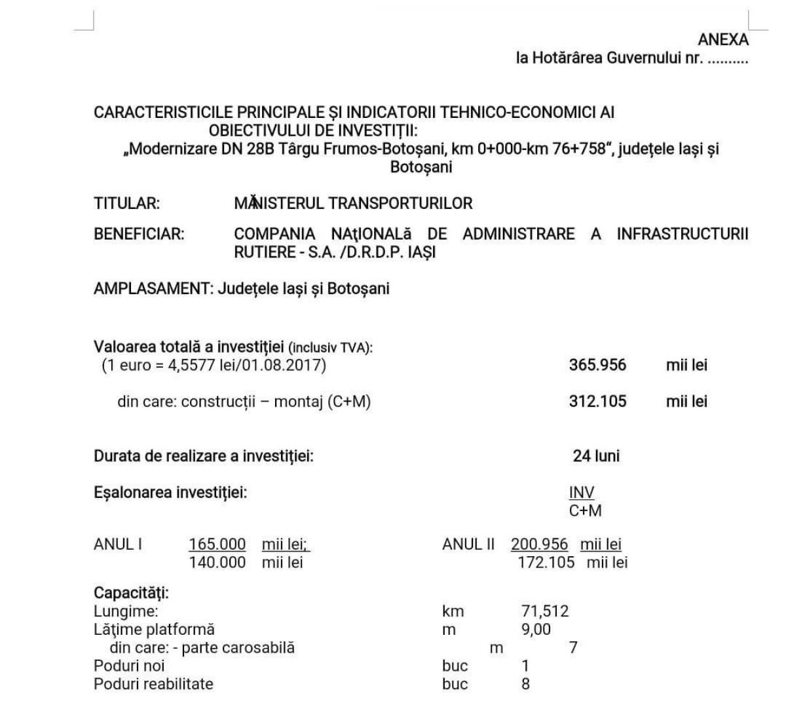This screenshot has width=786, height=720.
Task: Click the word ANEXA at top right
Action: [723, 39]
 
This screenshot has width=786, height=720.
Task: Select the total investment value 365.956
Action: [597, 365]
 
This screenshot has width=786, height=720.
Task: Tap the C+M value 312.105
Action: [597, 401]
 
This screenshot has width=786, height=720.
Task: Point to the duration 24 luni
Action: [596, 456]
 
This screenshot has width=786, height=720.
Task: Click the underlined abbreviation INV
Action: [582, 493]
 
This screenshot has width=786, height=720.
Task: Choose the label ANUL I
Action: [118, 544]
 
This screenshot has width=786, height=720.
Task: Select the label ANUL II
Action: [468, 544]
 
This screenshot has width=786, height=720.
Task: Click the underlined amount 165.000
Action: [217, 544]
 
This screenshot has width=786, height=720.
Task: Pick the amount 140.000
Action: [217, 562]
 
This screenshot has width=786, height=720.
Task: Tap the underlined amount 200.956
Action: [540, 544]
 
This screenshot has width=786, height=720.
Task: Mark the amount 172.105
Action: [546, 562]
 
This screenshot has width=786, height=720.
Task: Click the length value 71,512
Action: [545, 611]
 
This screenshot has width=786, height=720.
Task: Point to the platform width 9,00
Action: [536, 630]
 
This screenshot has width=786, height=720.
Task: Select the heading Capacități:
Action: [131, 593]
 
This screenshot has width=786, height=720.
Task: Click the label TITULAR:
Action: [127, 203]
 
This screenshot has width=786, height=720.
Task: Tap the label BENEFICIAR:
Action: [139, 234]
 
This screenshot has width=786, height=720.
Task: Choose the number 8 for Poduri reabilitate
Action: [525, 684]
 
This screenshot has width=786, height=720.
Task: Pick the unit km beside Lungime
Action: [453, 611]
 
